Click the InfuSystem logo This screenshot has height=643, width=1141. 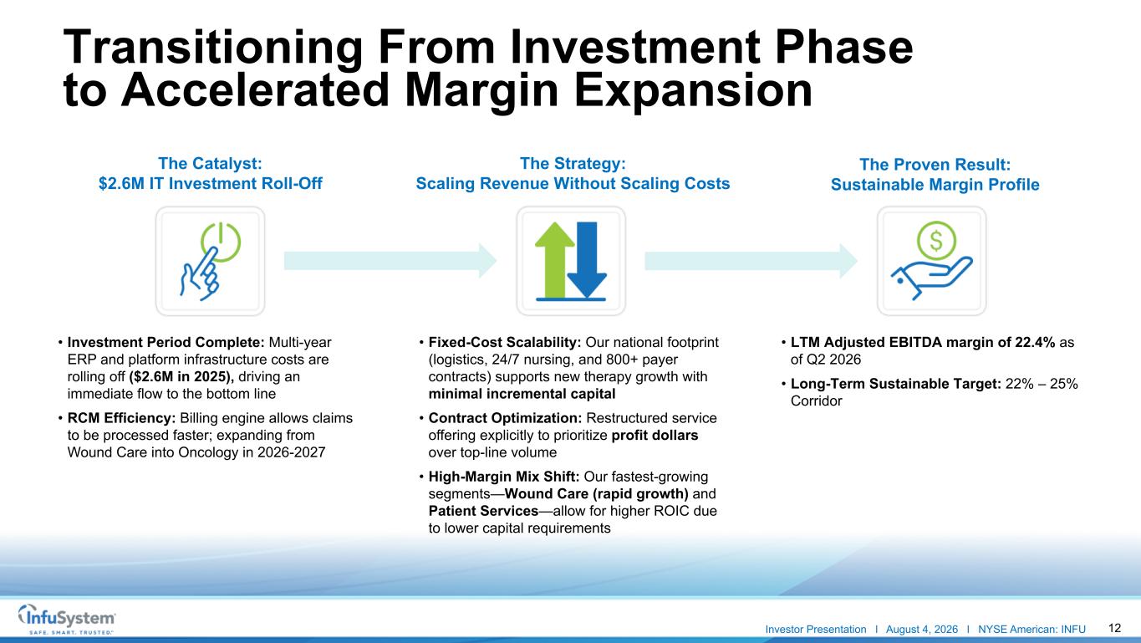pyautogui.click(x=66, y=619)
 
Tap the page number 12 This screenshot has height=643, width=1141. pyautogui.click(x=1114, y=628)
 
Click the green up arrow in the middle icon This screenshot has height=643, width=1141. pyautogui.click(x=555, y=260)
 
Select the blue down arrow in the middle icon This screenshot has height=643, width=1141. pyautogui.click(x=587, y=260)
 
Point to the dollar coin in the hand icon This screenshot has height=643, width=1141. pyautogui.click(x=936, y=241)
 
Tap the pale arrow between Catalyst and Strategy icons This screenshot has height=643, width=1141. pyautogui.click(x=390, y=261)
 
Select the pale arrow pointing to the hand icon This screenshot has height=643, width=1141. pyautogui.click(x=751, y=261)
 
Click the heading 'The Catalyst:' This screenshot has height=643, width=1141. pyautogui.click(x=210, y=164)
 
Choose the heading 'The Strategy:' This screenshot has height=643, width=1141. pyautogui.click(x=573, y=164)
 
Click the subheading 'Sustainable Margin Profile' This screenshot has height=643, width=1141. pyautogui.click(x=935, y=185)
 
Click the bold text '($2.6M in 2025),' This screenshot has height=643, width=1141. pyautogui.click(x=181, y=377)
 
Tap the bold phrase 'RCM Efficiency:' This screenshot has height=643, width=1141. pyautogui.click(x=121, y=418)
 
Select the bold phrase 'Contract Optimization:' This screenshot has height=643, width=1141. pyautogui.click(x=505, y=418)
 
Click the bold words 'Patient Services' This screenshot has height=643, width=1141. pyautogui.click(x=483, y=511)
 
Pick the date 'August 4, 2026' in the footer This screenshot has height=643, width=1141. pyautogui.click(x=922, y=630)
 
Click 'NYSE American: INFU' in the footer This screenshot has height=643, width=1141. pyautogui.click(x=1031, y=630)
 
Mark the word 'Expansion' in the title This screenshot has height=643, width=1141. pyautogui.click(x=693, y=90)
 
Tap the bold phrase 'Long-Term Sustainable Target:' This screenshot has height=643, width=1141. pyautogui.click(x=895, y=384)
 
